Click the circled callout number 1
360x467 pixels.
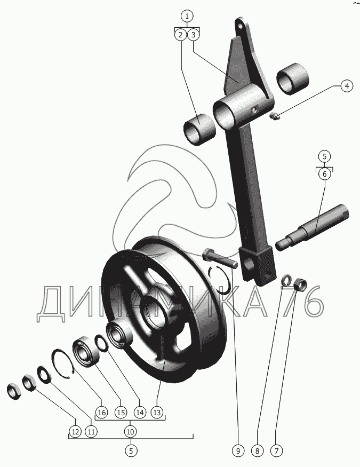click(x=187, y=15)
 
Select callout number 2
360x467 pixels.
click(x=180, y=35)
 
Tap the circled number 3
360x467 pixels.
click(x=194, y=35)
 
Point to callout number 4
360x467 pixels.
click(x=346, y=86)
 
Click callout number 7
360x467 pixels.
click(x=276, y=451)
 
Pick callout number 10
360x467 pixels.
click(x=131, y=431)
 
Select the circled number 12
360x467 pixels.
click(x=74, y=431)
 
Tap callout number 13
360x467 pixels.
click(x=157, y=412)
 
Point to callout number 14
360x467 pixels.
click(x=140, y=412)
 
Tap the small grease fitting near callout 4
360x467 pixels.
click(x=275, y=117)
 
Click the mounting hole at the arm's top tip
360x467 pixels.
click(x=240, y=25)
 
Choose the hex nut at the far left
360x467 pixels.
click(x=13, y=391)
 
